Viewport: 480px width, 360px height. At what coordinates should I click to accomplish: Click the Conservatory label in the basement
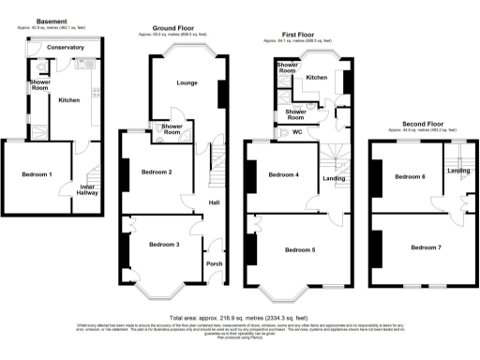tap(66, 47)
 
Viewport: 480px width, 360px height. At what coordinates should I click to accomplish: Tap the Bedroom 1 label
tap(37, 175)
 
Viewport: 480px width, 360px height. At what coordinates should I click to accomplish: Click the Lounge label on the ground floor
tap(187, 83)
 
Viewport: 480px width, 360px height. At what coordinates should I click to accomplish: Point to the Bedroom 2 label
tap(156, 172)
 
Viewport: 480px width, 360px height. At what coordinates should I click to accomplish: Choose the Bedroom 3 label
tap(164, 244)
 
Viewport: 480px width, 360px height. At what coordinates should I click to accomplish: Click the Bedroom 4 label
tap(284, 175)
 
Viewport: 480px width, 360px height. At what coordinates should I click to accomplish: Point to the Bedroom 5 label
tap(299, 249)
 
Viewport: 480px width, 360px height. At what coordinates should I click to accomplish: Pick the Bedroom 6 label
tap(410, 177)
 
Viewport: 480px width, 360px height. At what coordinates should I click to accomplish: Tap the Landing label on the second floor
tap(458, 171)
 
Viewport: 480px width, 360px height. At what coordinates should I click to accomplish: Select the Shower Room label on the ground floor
tap(172, 128)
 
